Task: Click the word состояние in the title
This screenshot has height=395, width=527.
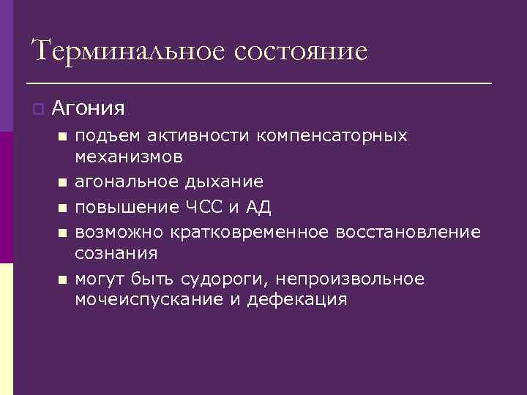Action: pos(302,51)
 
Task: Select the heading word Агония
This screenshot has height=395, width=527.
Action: pos(89,109)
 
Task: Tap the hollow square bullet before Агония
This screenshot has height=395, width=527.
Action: pos(38,109)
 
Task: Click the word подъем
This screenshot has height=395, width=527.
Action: pos(107,136)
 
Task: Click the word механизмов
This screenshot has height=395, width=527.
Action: pos(129,157)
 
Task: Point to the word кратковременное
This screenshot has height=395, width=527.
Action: pos(250,232)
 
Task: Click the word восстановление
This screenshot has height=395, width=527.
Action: pos(408,232)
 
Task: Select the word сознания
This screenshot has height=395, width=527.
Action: pos(116,253)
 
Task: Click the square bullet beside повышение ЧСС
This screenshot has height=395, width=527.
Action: pos(62,208)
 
